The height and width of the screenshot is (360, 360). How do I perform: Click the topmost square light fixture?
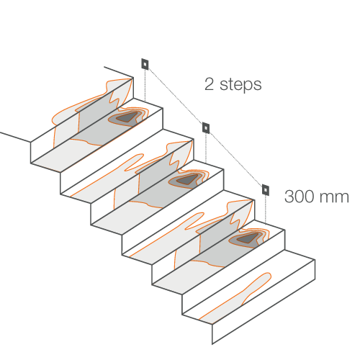[x=145, y=64]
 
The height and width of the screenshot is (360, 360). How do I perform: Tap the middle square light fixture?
[x=206, y=127]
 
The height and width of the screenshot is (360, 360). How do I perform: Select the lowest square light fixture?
[x=265, y=190]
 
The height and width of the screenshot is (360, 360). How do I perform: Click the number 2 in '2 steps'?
[x=209, y=84]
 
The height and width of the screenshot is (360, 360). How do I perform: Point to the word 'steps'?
[x=240, y=85]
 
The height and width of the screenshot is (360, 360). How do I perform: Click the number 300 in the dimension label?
[x=300, y=197]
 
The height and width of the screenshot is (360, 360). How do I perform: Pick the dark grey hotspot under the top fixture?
[x=127, y=117]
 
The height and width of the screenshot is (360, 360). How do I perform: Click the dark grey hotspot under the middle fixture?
[x=187, y=179]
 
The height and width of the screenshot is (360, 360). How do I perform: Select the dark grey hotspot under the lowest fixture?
[x=247, y=238]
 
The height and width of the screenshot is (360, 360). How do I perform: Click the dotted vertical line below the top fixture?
[x=145, y=85]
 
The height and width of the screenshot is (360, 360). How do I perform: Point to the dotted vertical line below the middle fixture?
[x=206, y=148]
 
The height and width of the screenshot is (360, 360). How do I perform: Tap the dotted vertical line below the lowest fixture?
[x=265, y=210]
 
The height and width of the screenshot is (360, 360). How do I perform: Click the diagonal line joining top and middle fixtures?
[x=176, y=96]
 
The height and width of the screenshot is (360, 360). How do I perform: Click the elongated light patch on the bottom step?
[x=236, y=297]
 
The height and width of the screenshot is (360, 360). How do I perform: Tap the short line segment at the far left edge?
[x=15, y=137]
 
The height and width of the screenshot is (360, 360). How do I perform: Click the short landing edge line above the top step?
[x=119, y=72]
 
